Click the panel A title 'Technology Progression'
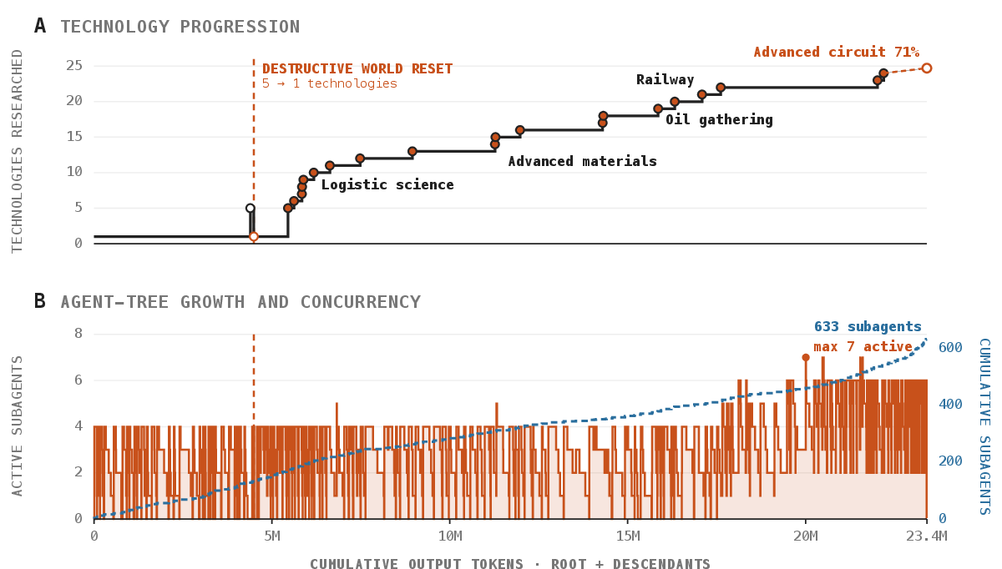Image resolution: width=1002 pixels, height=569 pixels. coord(180,27)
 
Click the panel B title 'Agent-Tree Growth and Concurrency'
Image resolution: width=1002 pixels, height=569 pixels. coord(240,302)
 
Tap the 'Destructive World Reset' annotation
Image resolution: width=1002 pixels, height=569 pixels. coord(357,69)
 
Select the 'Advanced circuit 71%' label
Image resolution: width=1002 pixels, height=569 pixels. coord(837,53)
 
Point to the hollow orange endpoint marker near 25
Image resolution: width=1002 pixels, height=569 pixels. coord(927,68)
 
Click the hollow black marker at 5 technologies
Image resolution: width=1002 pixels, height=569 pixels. coord(250,209)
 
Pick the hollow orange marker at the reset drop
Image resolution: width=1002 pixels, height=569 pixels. coord(254,236)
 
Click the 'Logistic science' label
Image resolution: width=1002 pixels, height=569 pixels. coord(387,184)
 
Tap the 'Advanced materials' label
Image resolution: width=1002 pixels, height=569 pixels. coord(583,161)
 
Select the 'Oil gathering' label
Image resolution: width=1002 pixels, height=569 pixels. coord(719,120)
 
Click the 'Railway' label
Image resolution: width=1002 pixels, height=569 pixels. coord(665,79)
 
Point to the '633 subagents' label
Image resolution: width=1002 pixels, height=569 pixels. coord(868,327)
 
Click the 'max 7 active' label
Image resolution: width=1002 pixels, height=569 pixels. coord(863,346)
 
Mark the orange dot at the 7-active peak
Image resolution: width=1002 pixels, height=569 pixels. coord(806,358)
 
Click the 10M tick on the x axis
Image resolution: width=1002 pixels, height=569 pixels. coord(450,536)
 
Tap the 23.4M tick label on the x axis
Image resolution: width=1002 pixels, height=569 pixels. coord(927,536)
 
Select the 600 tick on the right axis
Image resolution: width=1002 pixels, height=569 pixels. coord(950,347)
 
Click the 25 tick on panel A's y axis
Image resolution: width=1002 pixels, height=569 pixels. coord(74,66)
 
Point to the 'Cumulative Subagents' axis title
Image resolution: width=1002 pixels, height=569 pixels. coord(985,427)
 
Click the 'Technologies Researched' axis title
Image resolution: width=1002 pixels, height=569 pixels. coord(17,151)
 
